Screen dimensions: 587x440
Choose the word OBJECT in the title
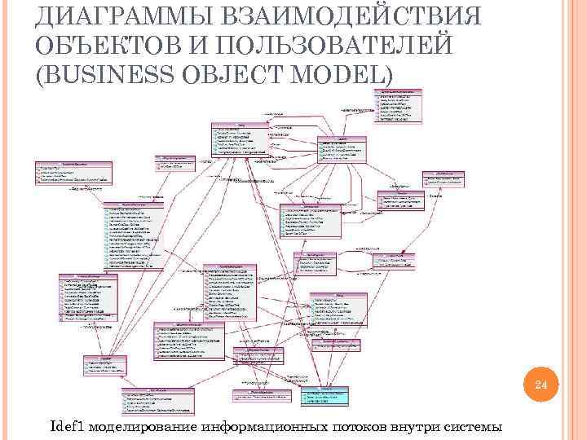236,73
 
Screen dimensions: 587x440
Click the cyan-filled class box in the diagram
322,396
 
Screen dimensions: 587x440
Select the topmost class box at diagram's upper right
399,105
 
